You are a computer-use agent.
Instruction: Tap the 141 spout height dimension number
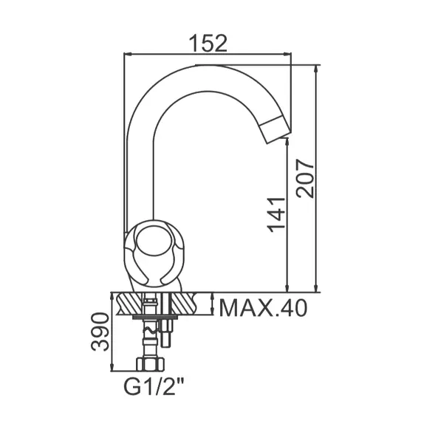[276, 214]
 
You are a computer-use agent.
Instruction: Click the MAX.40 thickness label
[263, 307]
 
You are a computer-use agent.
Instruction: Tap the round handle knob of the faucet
[156, 246]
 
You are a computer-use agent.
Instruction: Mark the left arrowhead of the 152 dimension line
[126, 54]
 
